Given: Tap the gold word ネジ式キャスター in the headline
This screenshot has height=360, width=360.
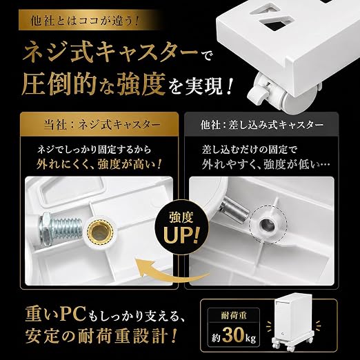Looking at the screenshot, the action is [x=110, y=52].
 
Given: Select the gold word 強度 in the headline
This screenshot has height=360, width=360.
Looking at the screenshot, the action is [x=141, y=84].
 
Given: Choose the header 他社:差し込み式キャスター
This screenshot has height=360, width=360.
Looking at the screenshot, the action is [x=262, y=125].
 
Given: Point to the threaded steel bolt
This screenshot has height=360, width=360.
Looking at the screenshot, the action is [x=60, y=228].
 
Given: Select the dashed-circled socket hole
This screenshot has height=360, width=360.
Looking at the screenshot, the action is [x=268, y=224].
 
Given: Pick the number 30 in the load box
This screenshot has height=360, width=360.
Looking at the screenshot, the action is [x=232, y=335].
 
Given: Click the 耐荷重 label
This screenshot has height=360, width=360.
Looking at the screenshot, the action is [x=234, y=315].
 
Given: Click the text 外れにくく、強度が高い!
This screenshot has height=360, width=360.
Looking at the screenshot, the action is [x=99, y=165].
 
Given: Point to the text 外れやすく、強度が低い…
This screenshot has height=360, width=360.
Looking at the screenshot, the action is [x=266, y=165].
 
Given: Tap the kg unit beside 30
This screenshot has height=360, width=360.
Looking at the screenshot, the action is [x=250, y=339].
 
